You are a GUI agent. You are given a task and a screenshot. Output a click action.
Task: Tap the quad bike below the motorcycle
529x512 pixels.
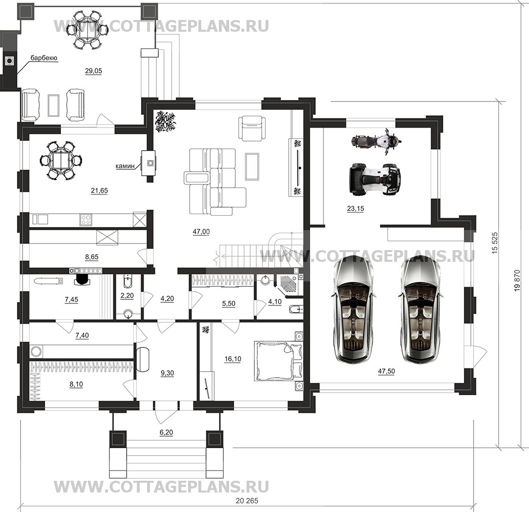374,179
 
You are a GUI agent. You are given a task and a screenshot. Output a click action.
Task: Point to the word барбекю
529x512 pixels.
44,58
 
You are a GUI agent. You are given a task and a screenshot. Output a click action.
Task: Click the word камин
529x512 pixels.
125,166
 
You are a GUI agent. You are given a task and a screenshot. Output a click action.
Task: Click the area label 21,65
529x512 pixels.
99,190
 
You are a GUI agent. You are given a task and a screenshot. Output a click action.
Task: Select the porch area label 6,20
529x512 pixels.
166,433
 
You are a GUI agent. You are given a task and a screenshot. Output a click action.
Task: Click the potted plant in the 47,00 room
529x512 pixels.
166,121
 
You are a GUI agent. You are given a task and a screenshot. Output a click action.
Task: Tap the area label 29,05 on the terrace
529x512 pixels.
93,71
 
